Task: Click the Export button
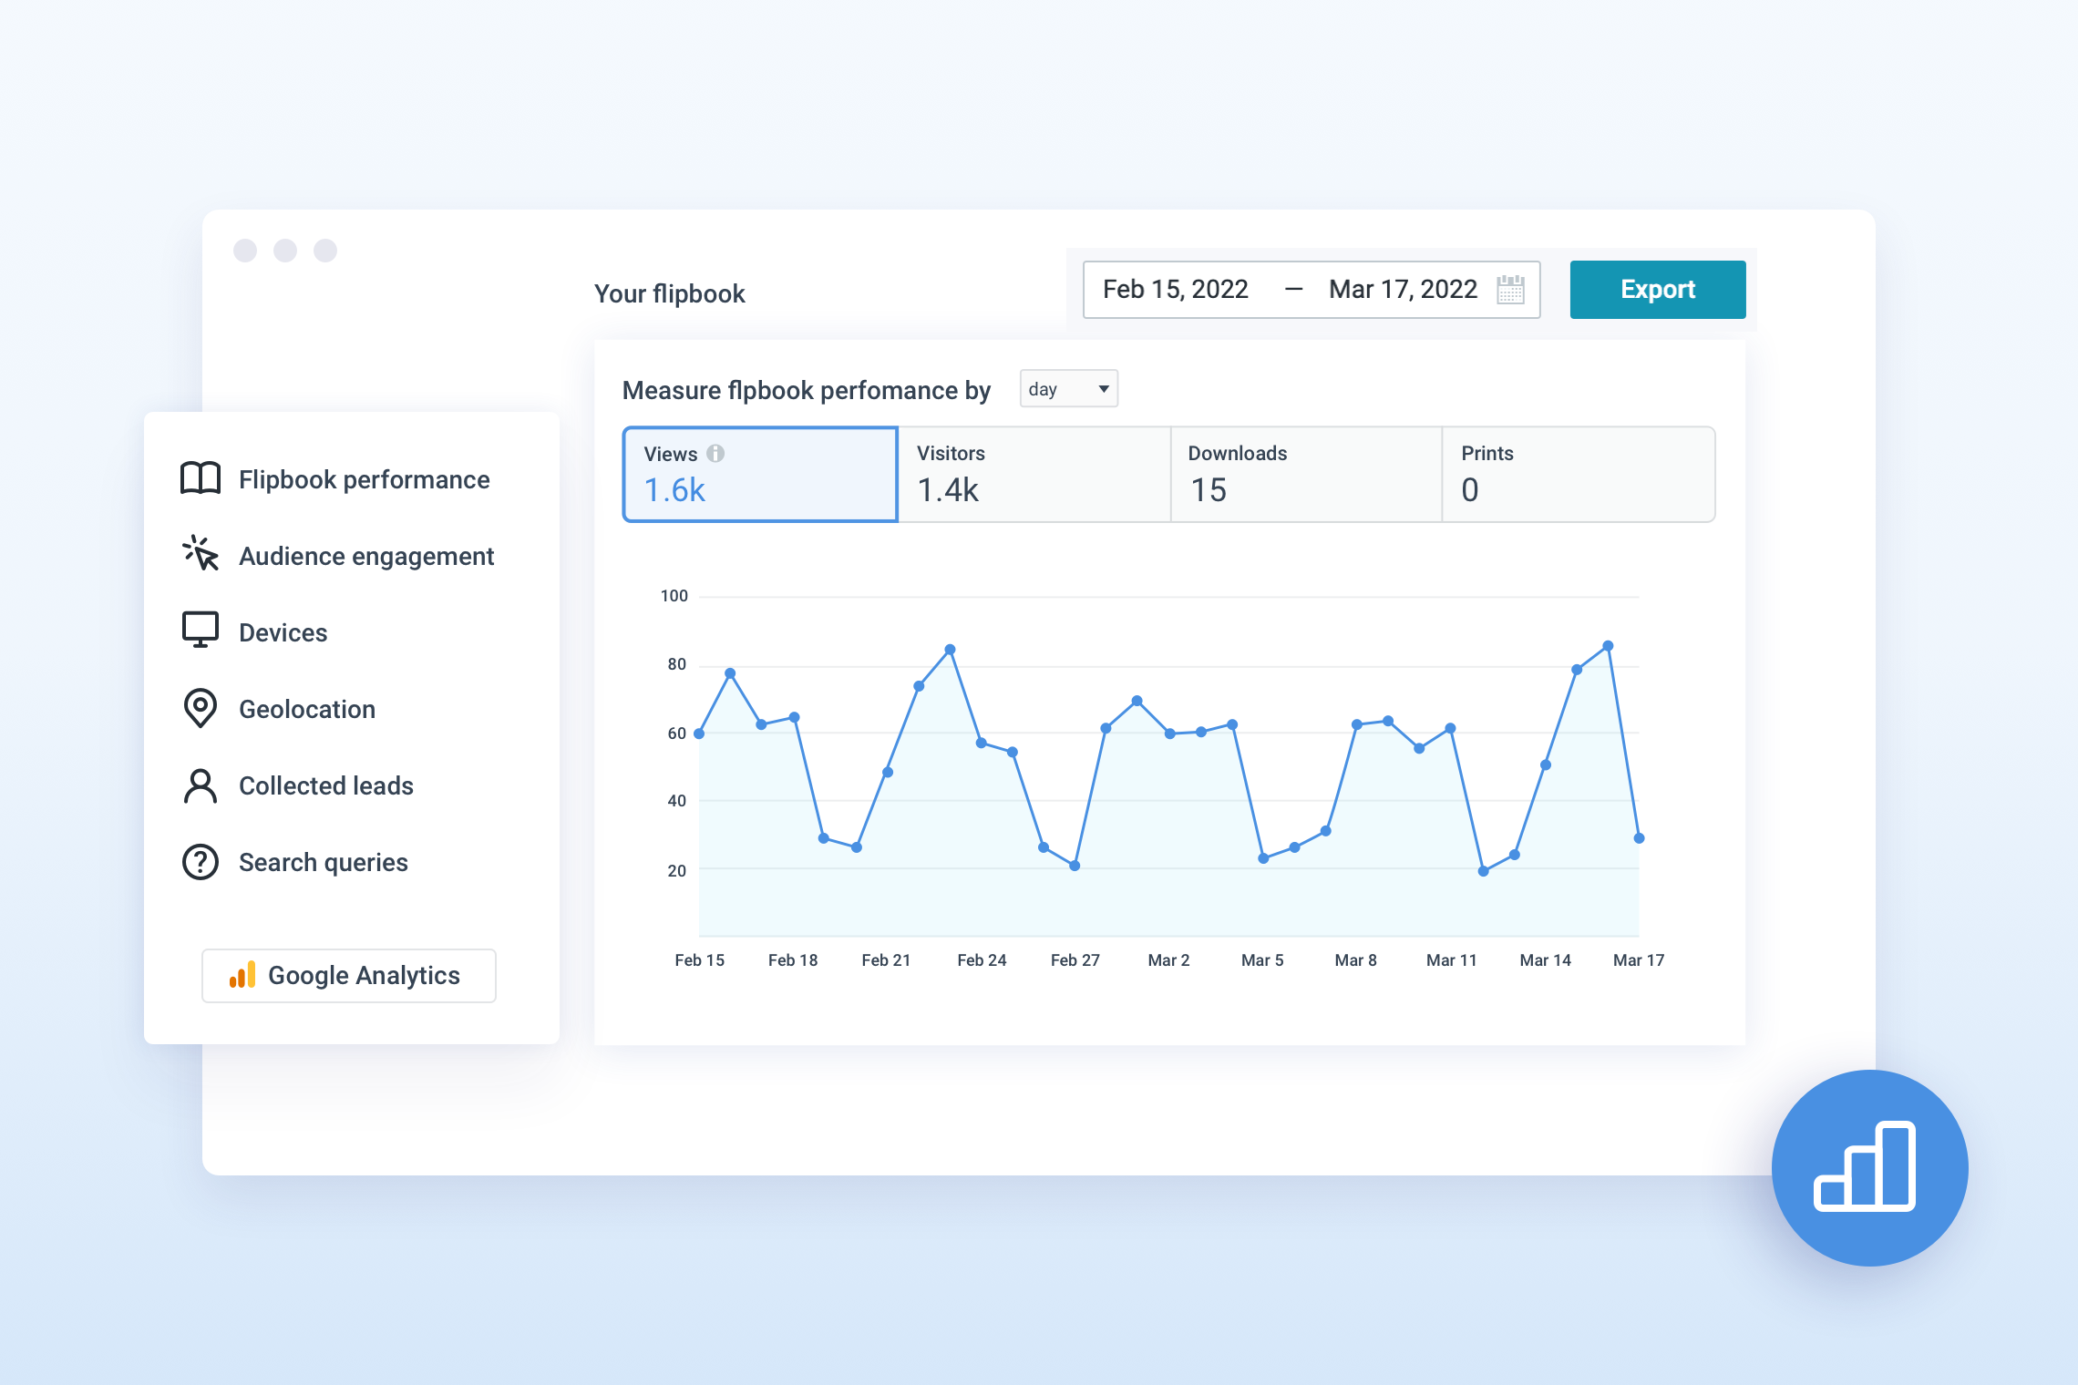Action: coord(1657,290)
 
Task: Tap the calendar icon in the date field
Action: coord(1510,290)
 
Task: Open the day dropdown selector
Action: coord(1068,389)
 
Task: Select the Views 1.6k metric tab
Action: coord(760,474)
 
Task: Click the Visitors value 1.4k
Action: coord(947,490)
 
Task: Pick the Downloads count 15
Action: coord(1209,490)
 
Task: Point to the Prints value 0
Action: coord(1469,490)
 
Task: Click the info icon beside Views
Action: coord(715,453)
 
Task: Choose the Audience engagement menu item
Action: coord(365,556)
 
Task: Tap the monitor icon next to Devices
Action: coord(201,630)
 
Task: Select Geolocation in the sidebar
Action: coord(306,709)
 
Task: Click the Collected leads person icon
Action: coord(201,786)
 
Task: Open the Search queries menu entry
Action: coord(323,862)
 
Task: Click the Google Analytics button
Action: coord(349,976)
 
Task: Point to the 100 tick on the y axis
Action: coord(674,596)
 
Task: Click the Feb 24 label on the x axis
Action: coord(982,960)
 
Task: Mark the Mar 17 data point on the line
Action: coord(1639,838)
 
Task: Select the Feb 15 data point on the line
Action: coord(699,734)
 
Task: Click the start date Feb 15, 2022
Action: coord(1175,290)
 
